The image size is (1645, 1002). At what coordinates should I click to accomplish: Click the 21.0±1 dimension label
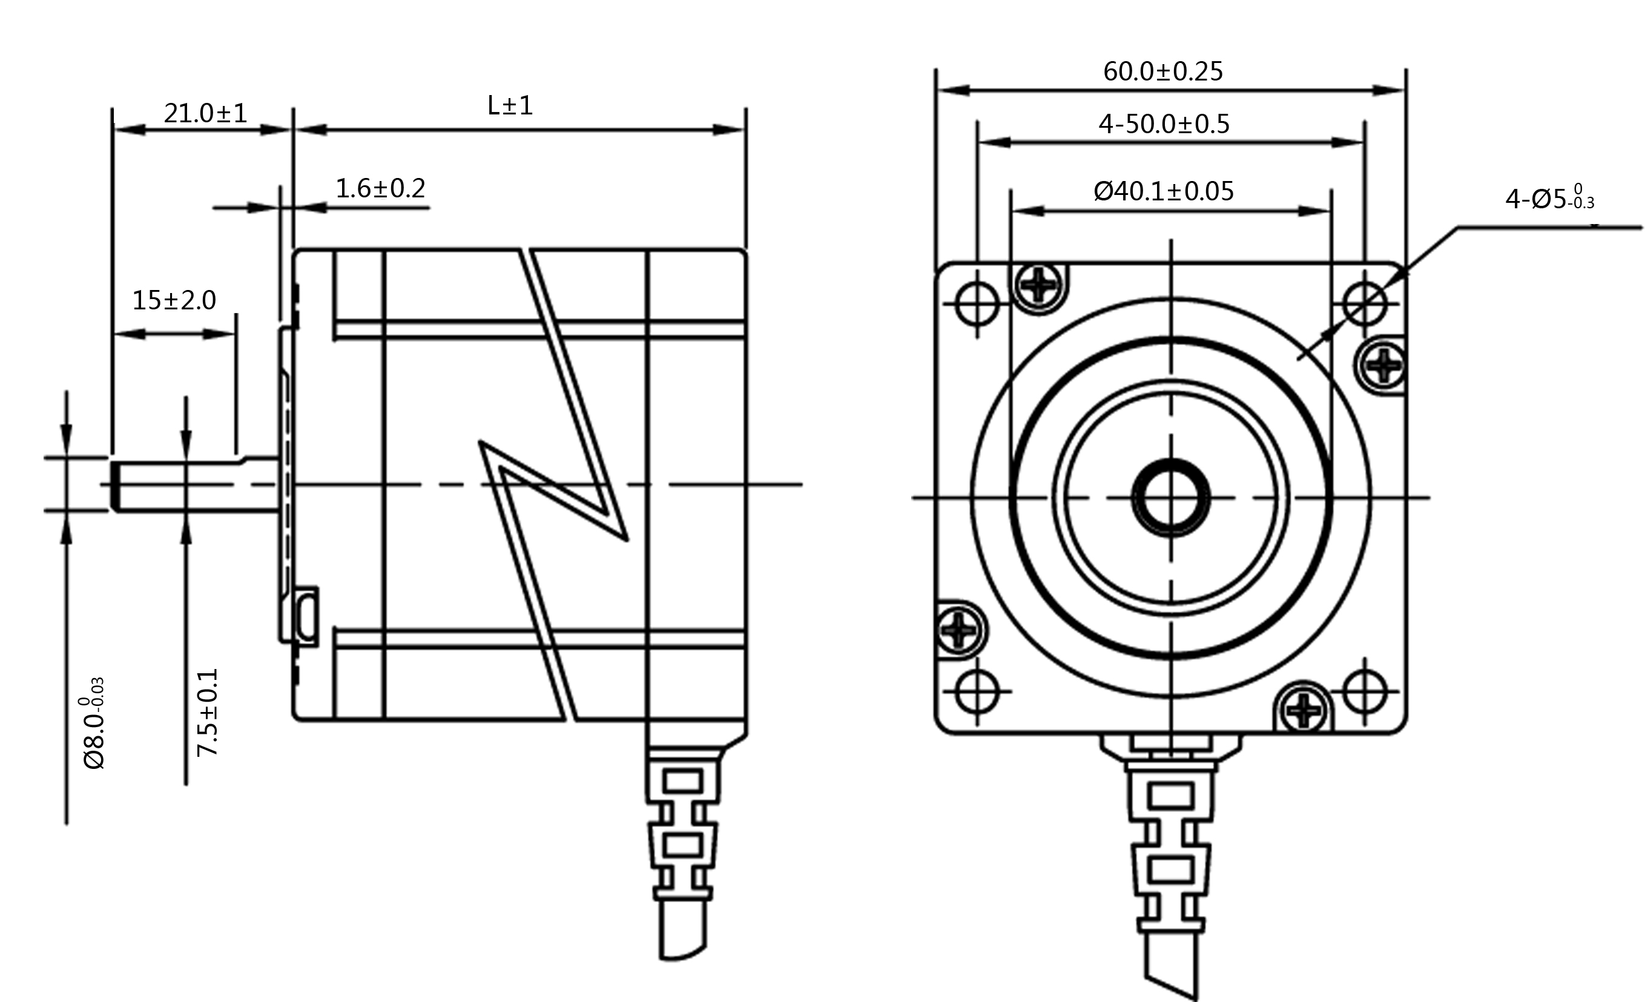pos(206,113)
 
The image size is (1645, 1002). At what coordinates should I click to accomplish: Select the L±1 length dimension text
pos(510,105)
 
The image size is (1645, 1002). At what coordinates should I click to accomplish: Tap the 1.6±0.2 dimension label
pos(380,188)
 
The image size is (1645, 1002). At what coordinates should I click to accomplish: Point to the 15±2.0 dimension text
pos(174,300)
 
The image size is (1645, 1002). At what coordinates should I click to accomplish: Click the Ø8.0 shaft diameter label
pos(94,723)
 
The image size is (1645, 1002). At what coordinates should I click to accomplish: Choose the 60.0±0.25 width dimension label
pos(1163,71)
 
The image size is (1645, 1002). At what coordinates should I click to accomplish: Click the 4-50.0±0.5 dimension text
pos(1164,124)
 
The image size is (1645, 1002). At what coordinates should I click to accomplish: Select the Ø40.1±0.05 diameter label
pos(1164,191)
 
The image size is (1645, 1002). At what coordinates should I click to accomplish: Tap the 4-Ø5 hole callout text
pos(1549,197)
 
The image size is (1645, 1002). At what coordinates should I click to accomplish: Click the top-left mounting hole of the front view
pos(977,304)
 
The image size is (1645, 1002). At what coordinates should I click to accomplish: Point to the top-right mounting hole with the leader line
pos(1365,304)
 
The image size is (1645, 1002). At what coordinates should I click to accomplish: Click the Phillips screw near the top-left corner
pos(1039,286)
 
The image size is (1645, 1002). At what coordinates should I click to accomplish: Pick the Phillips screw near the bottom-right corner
pos(1304,708)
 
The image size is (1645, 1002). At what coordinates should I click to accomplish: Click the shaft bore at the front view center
pos(1171,497)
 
